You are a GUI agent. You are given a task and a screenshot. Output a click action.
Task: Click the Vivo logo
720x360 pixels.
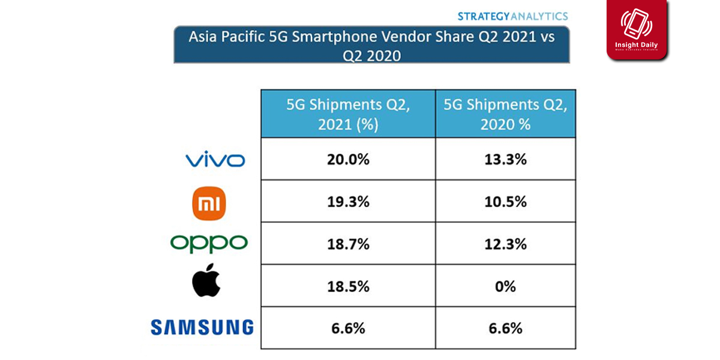pyautogui.click(x=215, y=160)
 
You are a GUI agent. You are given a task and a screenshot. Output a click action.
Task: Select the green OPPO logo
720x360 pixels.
pyautogui.click(x=209, y=243)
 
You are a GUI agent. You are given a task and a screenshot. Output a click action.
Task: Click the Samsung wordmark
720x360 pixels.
pyautogui.click(x=202, y=328)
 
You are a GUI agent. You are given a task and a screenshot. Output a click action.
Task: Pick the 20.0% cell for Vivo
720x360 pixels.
pyautogui.click(x=347, y=160)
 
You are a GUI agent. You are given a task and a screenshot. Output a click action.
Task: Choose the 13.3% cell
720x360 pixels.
pyautogui.click(x=506, y=160)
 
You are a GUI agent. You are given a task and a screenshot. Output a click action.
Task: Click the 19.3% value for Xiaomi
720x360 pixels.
pyautogui.click(x=347, y=202)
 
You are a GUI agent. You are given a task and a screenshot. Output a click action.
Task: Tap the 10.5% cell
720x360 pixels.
pyautogui.click(x=506, y=202)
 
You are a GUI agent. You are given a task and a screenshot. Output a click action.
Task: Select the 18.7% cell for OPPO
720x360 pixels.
pyautogui.click(x=347, y=244)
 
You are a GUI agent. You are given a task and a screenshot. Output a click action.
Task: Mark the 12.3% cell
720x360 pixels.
pyautogui.click(x=506, y=244)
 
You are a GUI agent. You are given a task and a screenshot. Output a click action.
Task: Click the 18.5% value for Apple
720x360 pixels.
pyautogui.click(x=347, y=286)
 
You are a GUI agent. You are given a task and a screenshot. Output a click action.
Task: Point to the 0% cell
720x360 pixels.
pyautogui.click(x=506, y=286)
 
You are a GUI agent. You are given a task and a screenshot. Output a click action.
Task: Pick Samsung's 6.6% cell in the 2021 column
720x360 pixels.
pyautogui.click(x=347, y=328)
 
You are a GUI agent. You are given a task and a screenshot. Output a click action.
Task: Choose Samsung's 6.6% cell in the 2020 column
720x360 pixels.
pyautogui.click(x=506, y=328)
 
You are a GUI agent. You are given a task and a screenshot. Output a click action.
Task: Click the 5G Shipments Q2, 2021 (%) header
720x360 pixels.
pyautogui.click(x=347, y=113)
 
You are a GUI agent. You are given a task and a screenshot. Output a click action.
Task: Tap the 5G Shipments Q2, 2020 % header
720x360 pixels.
pyautogui.click(x=506, y=113)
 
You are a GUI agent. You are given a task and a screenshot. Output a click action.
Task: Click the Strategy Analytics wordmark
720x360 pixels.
pyautogui.click(x=512, y=16)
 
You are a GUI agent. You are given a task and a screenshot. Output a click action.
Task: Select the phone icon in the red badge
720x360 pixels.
pyautogui.click(x=637, y=24)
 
